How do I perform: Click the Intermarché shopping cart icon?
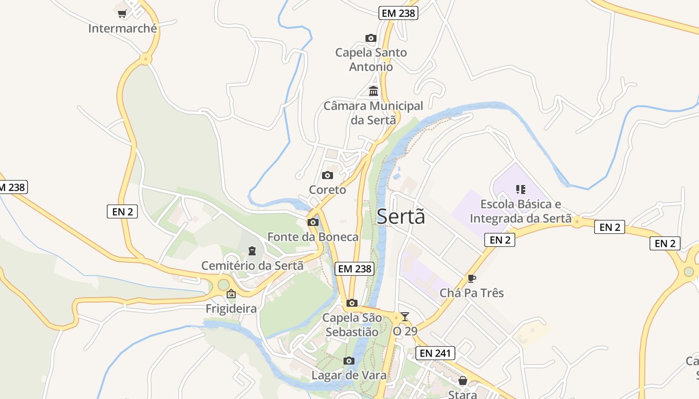(122, 13)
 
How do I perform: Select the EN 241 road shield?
(435, 354)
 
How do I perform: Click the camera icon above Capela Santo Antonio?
(370, 38)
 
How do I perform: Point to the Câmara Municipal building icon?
(373, 91)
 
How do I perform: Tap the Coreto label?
(328, 190)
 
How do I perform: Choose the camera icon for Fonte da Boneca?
(313, 222)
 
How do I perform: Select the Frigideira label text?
(231, 309)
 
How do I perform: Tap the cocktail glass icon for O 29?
(404, 316)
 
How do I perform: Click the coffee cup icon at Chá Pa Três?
(471, 278)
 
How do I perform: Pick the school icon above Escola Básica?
(520, 190)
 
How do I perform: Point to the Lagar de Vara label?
(349, 375)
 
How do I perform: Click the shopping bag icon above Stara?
(463, 381)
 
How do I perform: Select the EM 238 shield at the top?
(398, 13)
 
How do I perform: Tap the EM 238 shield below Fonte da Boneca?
(354, 269)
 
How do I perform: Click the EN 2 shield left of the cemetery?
(122, 211)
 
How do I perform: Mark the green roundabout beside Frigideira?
(223, 285)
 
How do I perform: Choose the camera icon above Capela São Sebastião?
(352, 303)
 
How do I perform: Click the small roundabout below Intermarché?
(145, 59)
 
